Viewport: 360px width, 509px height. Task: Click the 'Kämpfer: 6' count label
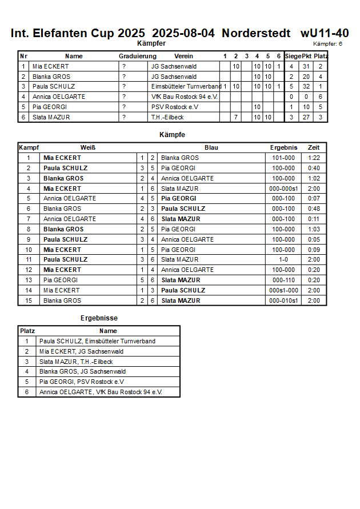pyautogui.click(x=327, y=44)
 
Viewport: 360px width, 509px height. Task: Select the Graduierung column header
pyautogui.click(x=137, y=56)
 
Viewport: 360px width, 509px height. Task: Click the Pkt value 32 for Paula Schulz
pyautogui.click(x=306, y=86)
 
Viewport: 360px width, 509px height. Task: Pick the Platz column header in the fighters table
pyautogui.click(x=321, y=56)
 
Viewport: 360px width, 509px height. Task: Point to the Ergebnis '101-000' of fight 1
pyautogui.click(x=283, y=158)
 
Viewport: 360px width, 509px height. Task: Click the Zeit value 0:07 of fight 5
pyautogui.click(x=314, y=198)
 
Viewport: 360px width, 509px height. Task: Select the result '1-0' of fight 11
pyautogui.click(x=283, y=259)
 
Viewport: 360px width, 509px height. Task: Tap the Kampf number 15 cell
pyautogui.click(x=29, y=300)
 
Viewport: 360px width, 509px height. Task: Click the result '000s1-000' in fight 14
pyautogui.click(x=283, y=290)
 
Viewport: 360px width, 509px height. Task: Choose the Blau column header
pyautogui.click(x=211, y=147)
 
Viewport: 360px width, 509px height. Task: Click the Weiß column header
pyautogui.click(x=87, y=147)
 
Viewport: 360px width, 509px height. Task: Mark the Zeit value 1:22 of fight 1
pyautogui.click(x=314, y=158)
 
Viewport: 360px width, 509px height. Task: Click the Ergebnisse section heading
pyautogui.click(x=99, y=318)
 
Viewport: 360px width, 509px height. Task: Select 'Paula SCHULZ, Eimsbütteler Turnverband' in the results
pyautogui.click(x=97, y=341)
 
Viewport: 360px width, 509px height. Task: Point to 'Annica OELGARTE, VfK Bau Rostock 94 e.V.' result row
pyautogui.click(x=101, y=392)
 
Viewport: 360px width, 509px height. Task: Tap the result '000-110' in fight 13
pyautogui.click(x=283, y=280)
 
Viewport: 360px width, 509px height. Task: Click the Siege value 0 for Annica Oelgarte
pyautogui.click(x=291, y=97)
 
